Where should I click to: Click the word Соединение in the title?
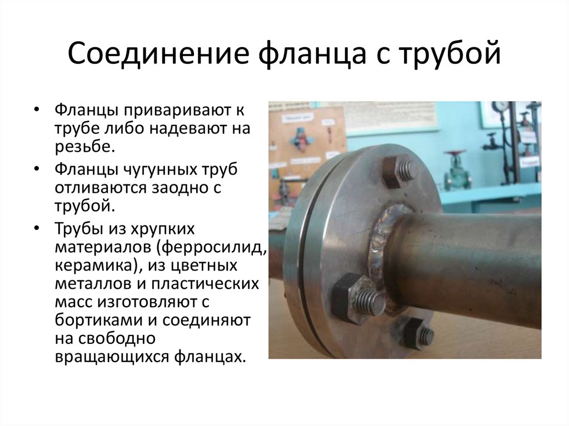[158, 53]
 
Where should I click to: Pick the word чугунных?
[157, 169]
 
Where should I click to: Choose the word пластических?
[204, 284]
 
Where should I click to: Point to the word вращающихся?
[112, 357]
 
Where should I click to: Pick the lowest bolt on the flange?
[417, 334]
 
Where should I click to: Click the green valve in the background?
[457, 169]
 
